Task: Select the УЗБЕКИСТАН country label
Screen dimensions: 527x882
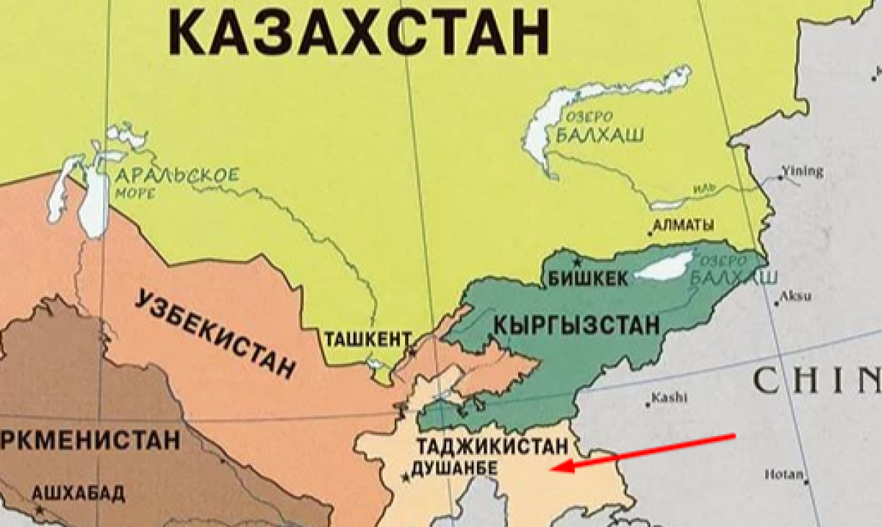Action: [x=216, y=331]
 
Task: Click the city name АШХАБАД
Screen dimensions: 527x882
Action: [x=76, y=492]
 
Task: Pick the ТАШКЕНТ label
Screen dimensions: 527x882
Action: [x=368, y=339]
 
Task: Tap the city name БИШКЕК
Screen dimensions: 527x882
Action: [x=589, y=279]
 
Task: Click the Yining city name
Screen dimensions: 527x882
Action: [x=803, y=171]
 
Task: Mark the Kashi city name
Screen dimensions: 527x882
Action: [x=670, y=398]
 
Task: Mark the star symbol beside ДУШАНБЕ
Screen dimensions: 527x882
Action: [x=405, y=478]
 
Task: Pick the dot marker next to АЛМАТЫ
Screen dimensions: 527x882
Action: [x=650, y=233]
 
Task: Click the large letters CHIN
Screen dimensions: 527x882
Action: [x=816, y=381]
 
